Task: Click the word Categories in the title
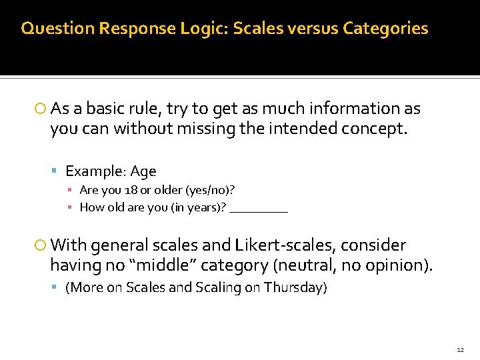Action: pyautogui.click(x=385, y=29)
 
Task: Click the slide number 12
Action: pyautogui.click(x=460, y=349)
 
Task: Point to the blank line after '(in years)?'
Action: pyautogui.click(x=259, y=208)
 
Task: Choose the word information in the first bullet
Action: pyautogui.click(x=356, y=109)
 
